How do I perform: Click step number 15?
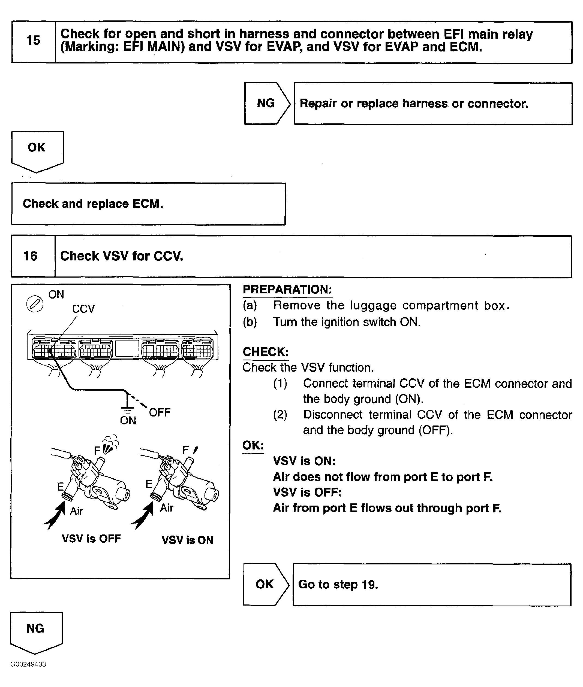[33, 41]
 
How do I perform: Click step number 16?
[31, 256]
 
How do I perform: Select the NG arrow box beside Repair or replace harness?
[266, 103]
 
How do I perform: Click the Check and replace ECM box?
[148, 204]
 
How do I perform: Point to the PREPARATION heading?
[287, 290]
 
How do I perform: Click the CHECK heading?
[265, 352]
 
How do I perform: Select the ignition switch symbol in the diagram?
[35, 304]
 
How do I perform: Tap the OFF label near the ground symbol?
[160, 413]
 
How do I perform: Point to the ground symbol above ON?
[127, 405]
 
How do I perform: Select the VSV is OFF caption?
[91, 539]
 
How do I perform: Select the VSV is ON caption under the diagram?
[187, 540]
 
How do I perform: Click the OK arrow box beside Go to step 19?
[265, 584]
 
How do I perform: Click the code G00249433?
[28, 664]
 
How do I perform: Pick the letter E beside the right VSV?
[149, 484]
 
